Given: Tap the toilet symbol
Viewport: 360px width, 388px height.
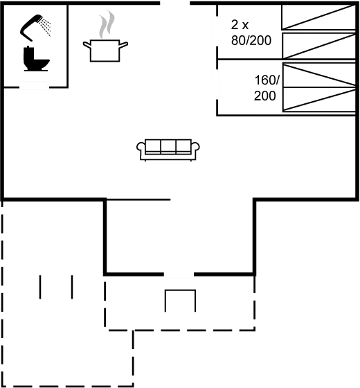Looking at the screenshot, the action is click(36, 58).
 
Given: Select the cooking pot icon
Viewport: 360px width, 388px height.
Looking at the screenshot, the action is click(105, 51).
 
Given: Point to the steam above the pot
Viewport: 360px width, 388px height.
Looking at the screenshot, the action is click(107, 24).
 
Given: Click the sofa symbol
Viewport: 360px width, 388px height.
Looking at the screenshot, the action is click(168, 150).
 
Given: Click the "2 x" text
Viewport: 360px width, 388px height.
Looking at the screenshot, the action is click(240, 25).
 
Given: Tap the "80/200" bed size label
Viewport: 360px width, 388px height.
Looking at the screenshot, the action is click(251, 40).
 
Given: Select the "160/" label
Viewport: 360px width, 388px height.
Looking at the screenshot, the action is click(267, 80).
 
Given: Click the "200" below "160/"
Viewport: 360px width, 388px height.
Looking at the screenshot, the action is click(264, 96).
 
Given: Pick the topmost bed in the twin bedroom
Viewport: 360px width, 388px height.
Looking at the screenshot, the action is click(318, 17).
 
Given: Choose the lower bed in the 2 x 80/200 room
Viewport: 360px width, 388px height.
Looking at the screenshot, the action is click(319, 46).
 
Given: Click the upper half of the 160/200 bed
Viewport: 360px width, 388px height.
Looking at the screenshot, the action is click(319, 75).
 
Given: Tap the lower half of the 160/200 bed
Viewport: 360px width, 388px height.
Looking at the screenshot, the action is click(319, 99).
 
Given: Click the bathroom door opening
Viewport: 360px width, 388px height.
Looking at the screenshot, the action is click(34, 87).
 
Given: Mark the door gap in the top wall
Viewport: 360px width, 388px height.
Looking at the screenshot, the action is click(175, 3).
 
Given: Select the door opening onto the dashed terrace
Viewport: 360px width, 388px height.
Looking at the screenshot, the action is click(179, 274).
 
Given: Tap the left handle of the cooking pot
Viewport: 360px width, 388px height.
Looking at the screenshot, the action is click(87, 44).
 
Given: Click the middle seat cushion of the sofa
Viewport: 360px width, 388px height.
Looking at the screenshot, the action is click(168, 147).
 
